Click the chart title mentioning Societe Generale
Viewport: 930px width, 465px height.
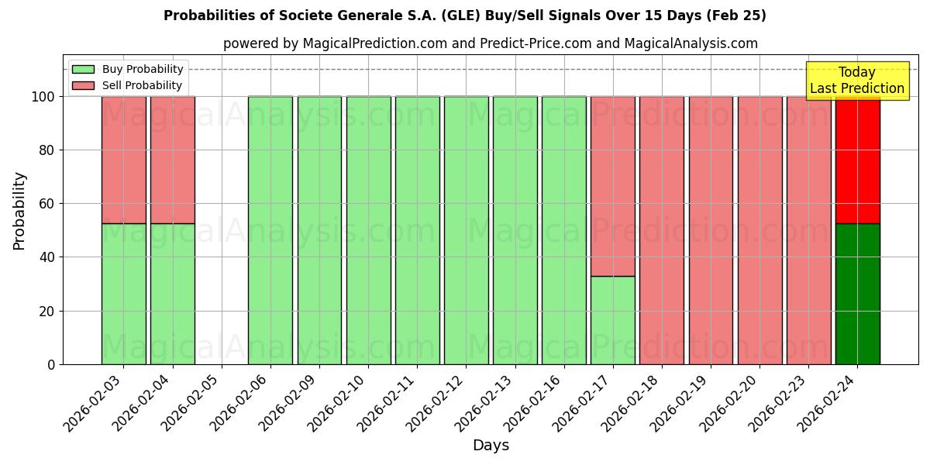[x=464, y=15]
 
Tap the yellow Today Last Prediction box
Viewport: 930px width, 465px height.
[x=856, y=81]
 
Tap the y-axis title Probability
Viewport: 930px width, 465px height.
[x=19, y=211]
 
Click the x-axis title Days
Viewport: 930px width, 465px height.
[x=491, y=446]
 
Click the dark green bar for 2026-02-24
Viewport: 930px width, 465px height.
[x=857, y=294]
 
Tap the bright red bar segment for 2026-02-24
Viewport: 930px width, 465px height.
[x=857, y=160]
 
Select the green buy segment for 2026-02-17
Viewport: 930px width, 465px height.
[x=612, y=320]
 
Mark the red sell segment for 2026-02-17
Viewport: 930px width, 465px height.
[x=612, y=186]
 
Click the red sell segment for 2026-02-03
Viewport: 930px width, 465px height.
[x=123, y=160]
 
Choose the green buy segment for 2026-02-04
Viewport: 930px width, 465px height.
[x=172, y=294]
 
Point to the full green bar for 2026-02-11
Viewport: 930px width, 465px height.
[x=417, y=230]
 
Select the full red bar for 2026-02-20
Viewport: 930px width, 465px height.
[x=759, y=230]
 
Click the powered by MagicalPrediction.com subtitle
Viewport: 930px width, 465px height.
[x=490, y=43]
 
